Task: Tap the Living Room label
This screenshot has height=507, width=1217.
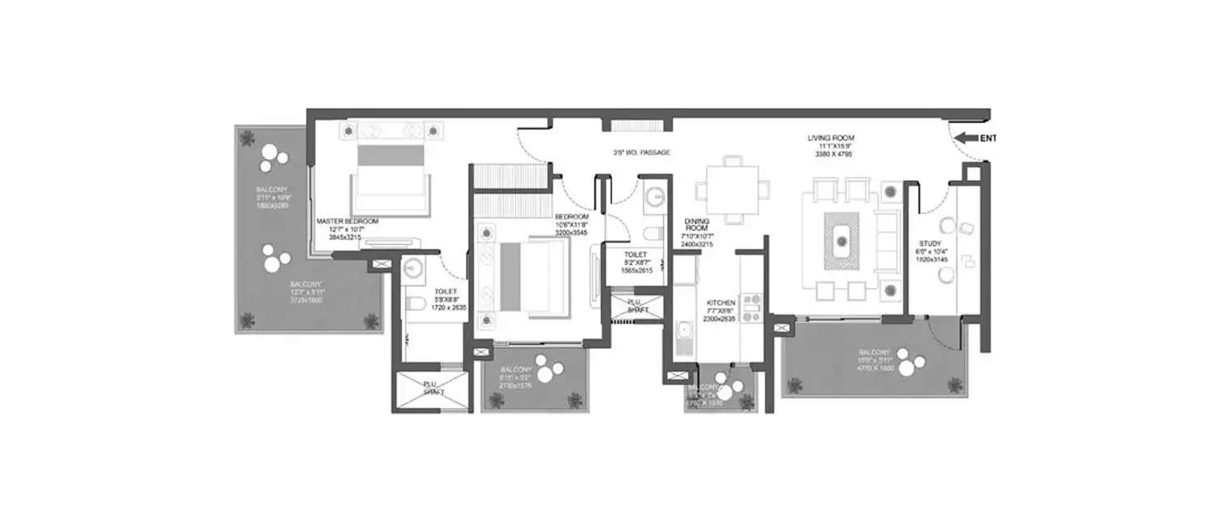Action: point(831,139)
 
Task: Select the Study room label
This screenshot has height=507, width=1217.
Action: point(929,243)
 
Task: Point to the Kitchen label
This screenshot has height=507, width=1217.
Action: point(720,302)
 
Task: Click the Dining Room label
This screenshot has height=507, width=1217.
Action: point(698,225)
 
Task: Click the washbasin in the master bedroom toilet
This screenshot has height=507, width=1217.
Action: point(413,269)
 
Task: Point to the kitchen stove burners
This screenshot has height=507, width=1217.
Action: point(750,307)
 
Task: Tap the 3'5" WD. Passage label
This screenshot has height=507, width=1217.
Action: point(642,153)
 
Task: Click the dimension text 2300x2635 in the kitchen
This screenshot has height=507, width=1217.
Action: point(720,319)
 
